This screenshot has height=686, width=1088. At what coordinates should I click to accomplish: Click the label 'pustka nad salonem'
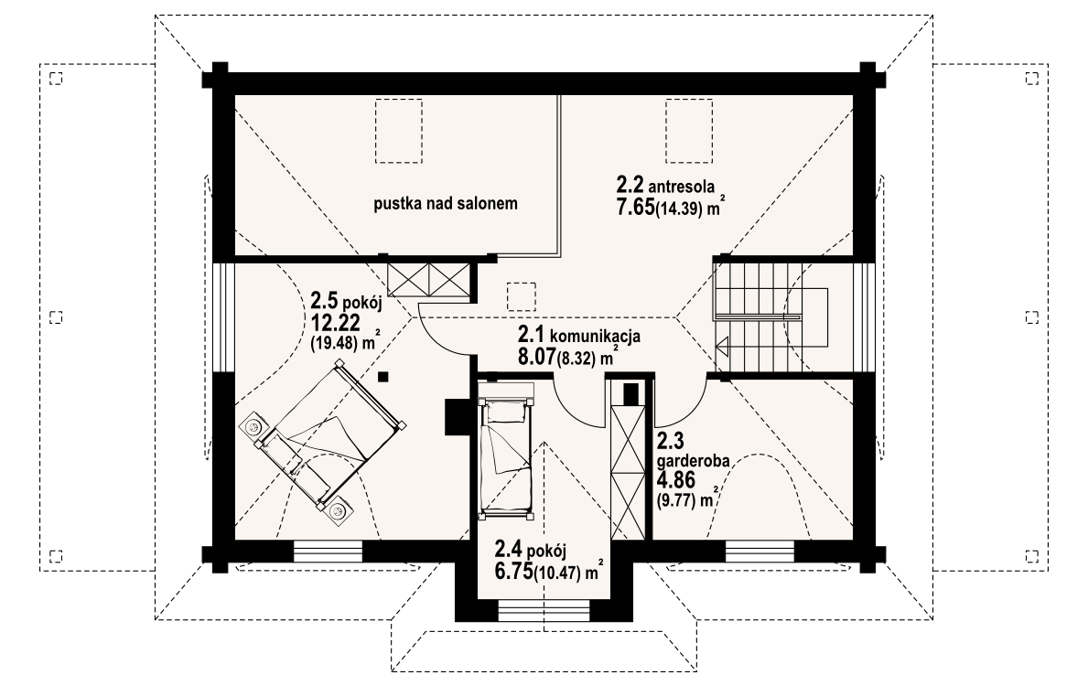coord(446,204)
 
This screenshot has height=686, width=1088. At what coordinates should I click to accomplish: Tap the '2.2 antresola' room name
coord(664,185)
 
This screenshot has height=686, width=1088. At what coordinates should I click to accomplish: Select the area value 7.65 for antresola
coord(635,207)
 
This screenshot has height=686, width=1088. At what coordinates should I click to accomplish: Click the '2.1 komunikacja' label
coord(578,335)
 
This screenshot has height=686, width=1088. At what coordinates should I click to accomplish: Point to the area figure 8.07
coord(536,358)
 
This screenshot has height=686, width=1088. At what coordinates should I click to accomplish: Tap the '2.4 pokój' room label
coord(530,550)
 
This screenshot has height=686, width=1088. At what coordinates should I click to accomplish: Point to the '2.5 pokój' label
coord(347,302)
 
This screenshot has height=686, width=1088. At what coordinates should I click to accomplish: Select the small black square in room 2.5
coord(383,378)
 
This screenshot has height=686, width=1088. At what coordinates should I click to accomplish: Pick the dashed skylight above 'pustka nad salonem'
coord(399,131)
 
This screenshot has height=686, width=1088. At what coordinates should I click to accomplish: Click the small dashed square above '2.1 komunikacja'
coord(521,296)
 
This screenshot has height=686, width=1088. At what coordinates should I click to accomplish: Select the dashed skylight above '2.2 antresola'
coord(689,131)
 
